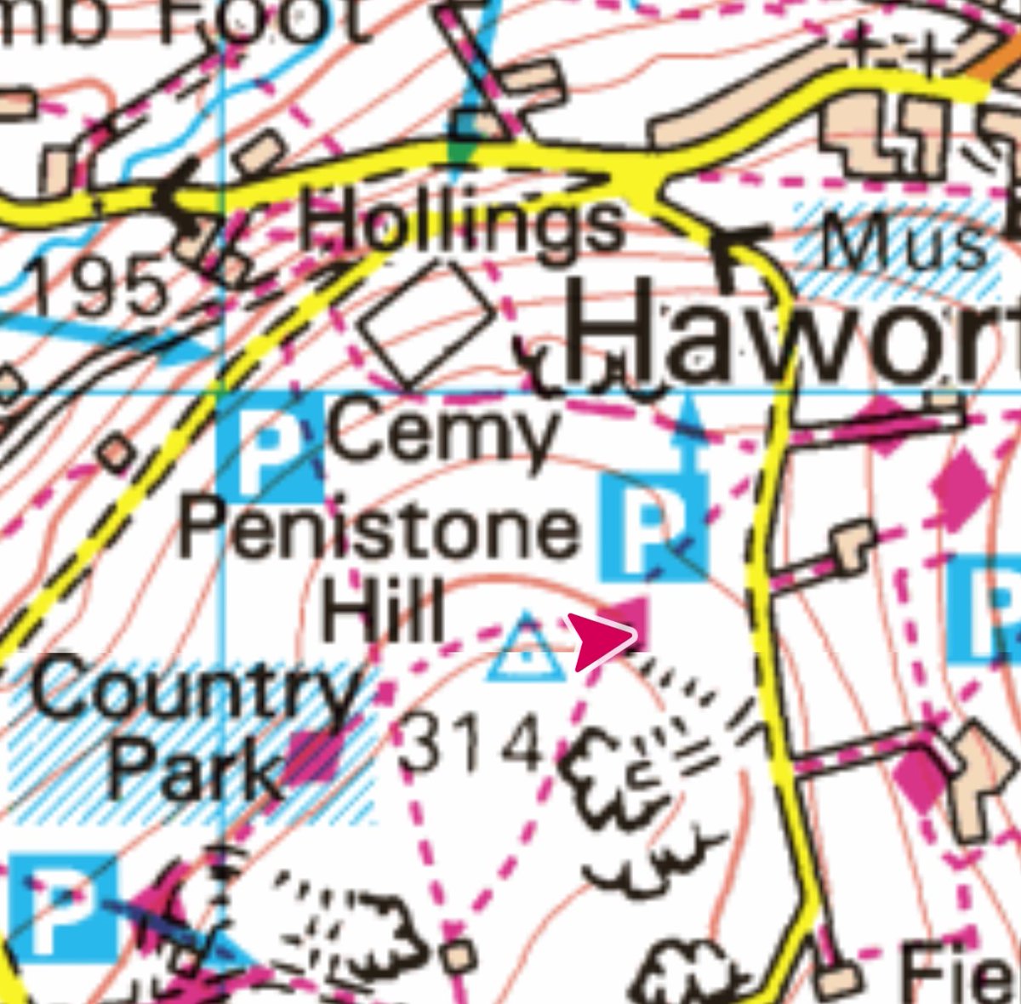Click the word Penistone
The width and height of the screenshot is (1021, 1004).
tap(379, 532)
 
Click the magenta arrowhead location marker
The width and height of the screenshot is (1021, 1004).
tap(602, 640)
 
